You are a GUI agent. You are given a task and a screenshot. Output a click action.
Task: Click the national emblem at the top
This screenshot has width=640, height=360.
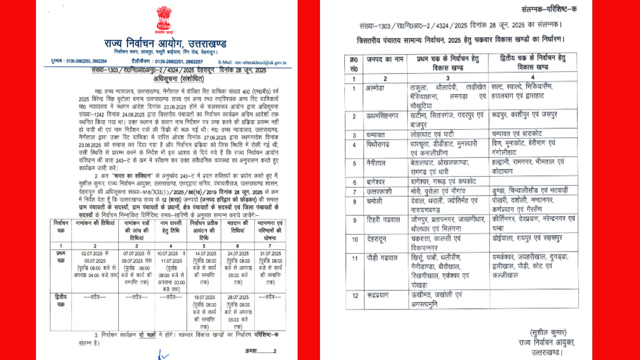tap(164, 19)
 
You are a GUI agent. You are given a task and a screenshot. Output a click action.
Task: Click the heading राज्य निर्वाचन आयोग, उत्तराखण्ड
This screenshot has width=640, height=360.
tap(165, 43)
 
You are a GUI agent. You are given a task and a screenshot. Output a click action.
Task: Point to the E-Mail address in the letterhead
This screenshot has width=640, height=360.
tap(252, 62)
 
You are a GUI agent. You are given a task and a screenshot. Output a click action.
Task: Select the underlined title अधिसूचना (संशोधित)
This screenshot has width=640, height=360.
tap(179, 79)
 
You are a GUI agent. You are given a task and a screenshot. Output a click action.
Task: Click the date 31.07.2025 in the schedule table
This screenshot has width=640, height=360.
tap(270, 254)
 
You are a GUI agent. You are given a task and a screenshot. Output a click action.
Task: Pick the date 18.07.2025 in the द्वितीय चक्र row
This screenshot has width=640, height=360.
tap(204, 297)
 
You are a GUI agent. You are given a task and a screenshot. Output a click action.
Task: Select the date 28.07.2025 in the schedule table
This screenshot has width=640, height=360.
tap(238, 297)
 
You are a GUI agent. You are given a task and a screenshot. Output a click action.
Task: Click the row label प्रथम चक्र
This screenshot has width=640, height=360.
tap(61, 257)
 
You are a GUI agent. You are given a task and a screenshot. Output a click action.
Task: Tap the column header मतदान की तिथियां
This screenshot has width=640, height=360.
tap(238, 227)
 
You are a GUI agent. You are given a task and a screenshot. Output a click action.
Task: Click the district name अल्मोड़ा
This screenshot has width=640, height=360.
tap(375, 88)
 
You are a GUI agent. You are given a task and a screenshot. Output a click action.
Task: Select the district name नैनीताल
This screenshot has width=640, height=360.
tap(376, 163)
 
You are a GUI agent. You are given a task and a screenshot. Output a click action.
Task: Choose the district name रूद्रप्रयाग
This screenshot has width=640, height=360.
tap(378, 295)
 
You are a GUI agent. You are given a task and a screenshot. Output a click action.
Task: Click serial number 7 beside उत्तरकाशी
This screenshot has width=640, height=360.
tap(354, 192)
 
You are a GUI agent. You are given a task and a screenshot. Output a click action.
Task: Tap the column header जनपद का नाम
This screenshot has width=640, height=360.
tap(385, 60)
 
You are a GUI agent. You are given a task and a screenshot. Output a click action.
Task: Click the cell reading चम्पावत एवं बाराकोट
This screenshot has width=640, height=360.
tap(517, 134)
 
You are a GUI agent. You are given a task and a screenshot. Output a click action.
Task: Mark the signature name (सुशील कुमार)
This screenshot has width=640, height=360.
tap(548, 333)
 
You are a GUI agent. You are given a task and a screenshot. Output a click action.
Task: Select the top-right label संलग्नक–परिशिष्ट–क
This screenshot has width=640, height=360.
tap(549, 9)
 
